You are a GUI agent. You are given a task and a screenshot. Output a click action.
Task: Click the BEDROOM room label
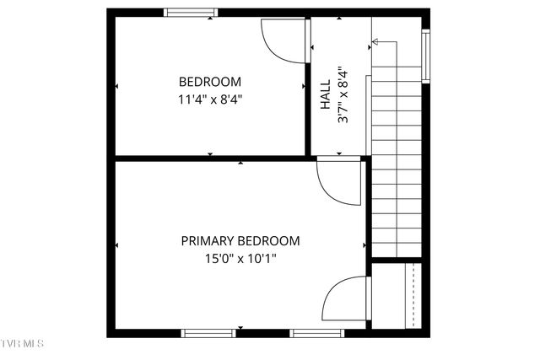pos(210,82)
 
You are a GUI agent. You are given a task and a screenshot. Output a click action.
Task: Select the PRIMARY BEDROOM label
pos(240,240)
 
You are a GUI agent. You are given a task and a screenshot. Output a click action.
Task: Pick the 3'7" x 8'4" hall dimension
pos(342,95)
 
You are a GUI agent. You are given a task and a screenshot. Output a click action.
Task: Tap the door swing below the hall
pos(339,182)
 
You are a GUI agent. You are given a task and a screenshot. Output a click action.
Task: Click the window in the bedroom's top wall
pos(190,13)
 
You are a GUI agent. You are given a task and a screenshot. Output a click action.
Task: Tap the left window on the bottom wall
pos(208,333)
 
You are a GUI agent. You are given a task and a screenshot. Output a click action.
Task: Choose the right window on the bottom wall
pos(317,333)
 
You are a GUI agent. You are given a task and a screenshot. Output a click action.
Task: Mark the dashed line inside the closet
pos(413,295)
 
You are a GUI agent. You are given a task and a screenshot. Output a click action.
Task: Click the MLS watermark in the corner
pos(22,345)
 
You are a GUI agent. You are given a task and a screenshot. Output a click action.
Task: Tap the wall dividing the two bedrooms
pos(211,158)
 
